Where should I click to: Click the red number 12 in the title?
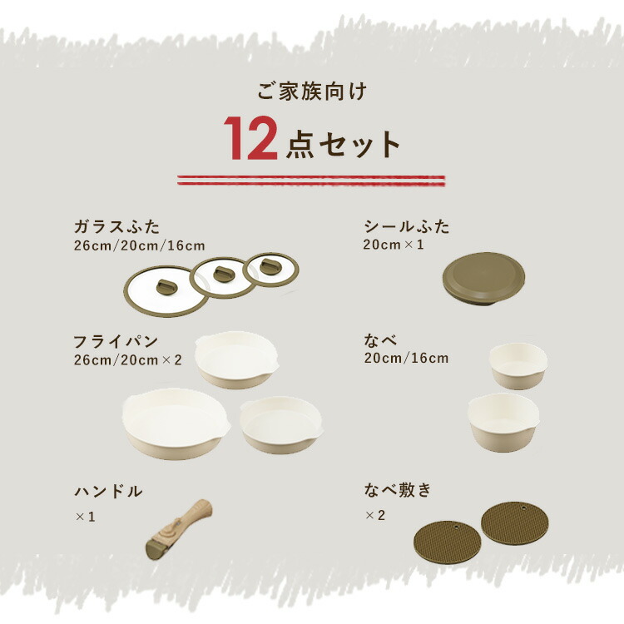pos(250,138)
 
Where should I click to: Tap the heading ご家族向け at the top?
pos(312,92)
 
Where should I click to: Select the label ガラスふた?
pos(116,227)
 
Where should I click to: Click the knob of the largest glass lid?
pos(166,286)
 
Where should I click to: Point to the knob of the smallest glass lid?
pos(270,266)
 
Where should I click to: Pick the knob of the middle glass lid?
pos(223,275)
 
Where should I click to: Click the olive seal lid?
pos(483,279)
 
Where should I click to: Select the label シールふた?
pos(407,226)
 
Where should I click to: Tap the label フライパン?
pos(116,342)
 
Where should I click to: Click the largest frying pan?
pos(176,423)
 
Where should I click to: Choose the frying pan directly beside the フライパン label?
pos(237,359)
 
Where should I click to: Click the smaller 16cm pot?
pos(518,366)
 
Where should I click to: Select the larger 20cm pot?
pos(503,422)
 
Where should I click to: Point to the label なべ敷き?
pos(398,489)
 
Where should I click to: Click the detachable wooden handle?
pos(179,530)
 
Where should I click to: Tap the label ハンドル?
pos(108,492)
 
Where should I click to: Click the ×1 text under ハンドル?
pos(85,517)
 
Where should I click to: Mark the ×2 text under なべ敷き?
pos(375,515)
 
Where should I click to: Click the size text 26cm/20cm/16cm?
pos(139,245)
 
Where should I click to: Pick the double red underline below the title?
pos(311,181)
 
